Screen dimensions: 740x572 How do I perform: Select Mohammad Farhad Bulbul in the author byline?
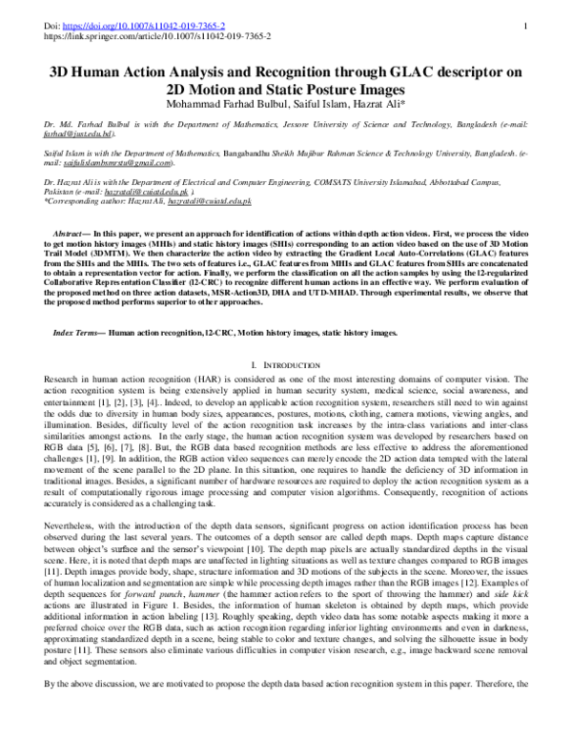[209, 104]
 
